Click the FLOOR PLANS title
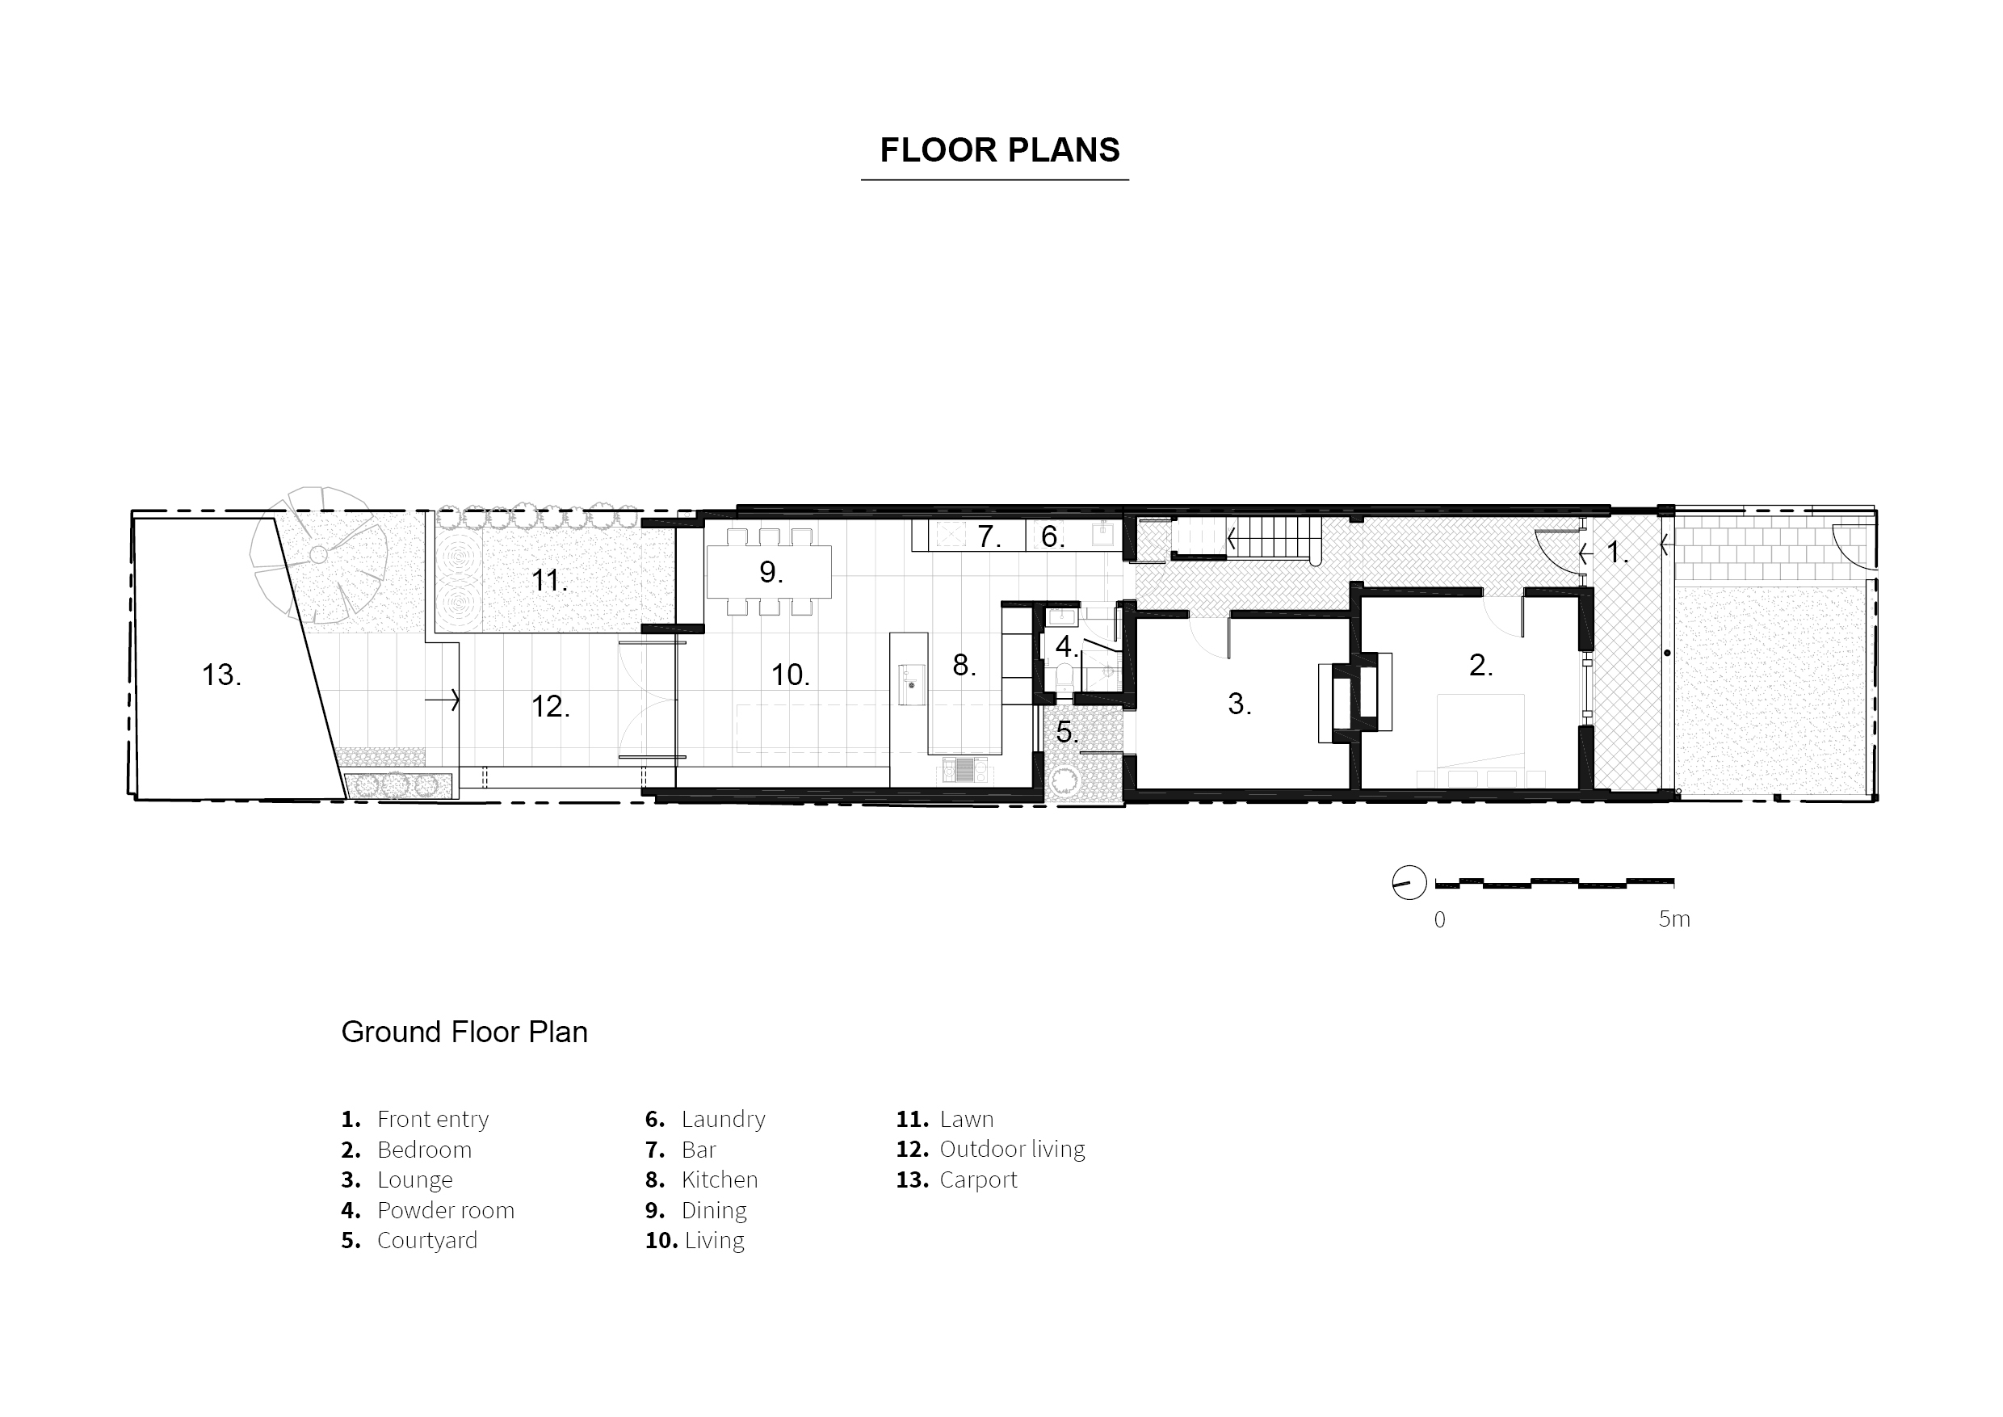coord(999,150)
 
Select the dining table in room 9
coord(769,571)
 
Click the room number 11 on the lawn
coord(548,580)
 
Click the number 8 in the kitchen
coord(962,665)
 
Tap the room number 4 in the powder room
coord(1064,646)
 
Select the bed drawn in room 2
coord(1480,733)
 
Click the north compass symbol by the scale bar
coord(1409,883)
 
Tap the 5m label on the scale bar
coord(1673,919)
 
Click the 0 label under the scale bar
coord(1439,919)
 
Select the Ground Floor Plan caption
coord(464,1032)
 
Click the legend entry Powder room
coord(445,1210)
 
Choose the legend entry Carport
coord(978,1179)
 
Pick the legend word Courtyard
coord(426,1240)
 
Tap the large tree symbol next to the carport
coord(318,555)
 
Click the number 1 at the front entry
coord(1615,552)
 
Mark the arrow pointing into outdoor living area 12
coord(443,700)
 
